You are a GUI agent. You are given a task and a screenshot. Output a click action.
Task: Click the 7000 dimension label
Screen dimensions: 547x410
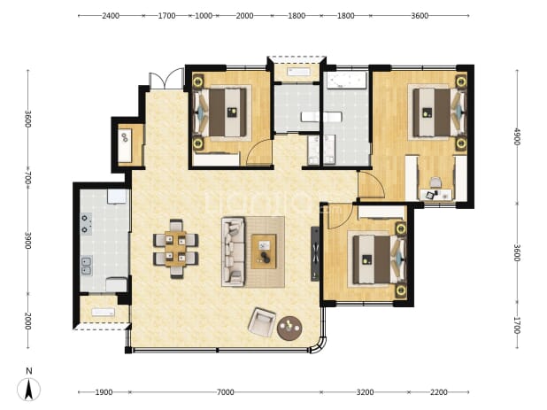pyautogui.click(x=226, y=392)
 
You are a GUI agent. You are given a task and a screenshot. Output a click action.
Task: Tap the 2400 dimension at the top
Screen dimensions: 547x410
pyautogui.click(x=111, y=16)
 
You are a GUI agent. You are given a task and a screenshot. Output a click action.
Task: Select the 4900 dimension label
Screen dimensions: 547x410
pyautogui.click(x=517, y=136)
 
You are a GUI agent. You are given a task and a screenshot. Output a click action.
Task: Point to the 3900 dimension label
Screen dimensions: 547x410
pyautogui.click(x=28, y=241)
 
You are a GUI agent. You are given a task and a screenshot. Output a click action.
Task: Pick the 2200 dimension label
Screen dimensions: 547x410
pyautogui.click(x=438, y=392)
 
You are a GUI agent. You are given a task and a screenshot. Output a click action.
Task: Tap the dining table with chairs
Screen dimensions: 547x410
pyautogui.click(x=176, y=249)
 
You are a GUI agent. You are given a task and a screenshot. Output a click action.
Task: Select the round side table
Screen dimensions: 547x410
pyautogui.click(x=289, y=328)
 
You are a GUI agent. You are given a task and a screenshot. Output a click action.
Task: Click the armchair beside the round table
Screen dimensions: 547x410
pyautogui.click(x=262, y=322)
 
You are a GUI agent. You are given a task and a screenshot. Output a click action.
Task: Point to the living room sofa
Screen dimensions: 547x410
pyautogui.click(x=233, y=251)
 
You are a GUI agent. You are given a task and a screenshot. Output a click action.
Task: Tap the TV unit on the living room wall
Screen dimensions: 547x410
pyautogui.click(x=315, y=253)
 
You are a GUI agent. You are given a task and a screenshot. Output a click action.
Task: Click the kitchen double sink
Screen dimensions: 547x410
pyautogui.click(x=86, y=266)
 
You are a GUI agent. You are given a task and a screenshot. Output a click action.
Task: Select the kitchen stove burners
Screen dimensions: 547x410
pyautogui.click(x=86, y=224)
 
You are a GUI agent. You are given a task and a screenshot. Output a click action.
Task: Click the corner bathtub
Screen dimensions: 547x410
pyautogui.click(x=346, y=81)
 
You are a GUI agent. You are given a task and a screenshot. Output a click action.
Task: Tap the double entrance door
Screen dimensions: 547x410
pyautogui.click(x=166, y=79)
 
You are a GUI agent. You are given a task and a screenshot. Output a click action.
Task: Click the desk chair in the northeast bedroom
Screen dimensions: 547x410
pyautogui.click(x=435, y=182)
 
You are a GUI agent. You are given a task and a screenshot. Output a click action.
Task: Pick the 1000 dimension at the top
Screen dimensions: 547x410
pyautogui.click(x=204, y=16)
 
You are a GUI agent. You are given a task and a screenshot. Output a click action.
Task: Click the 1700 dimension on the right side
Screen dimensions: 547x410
pyautogui.click(x=517, y=325)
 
